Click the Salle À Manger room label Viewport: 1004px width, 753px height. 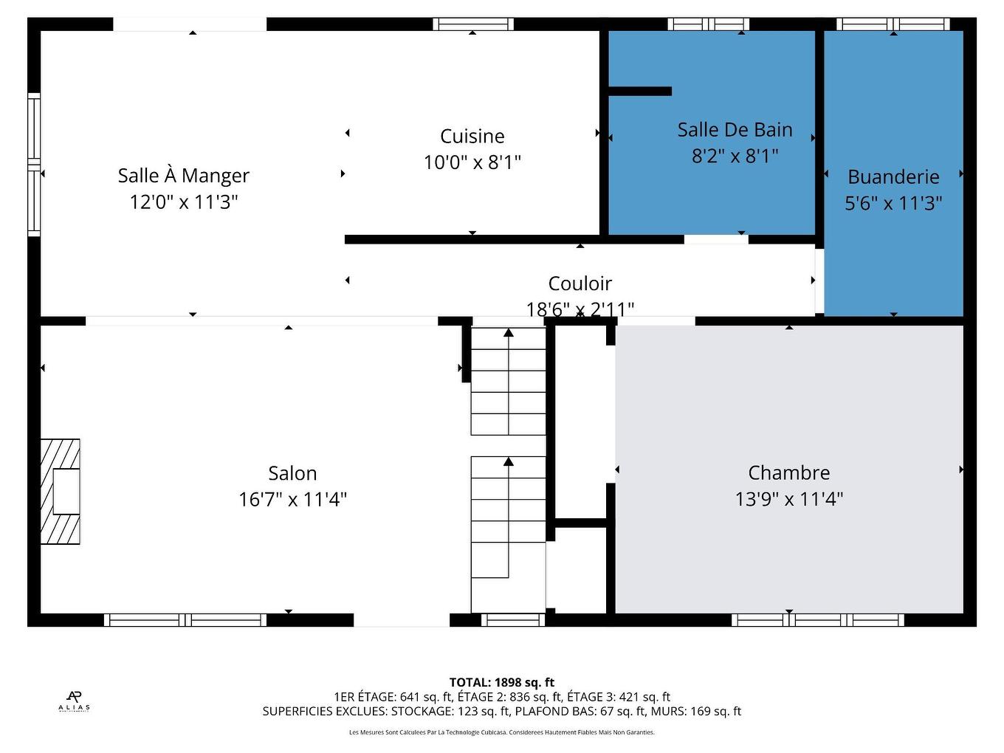pyautogui.click(x=183, y=176)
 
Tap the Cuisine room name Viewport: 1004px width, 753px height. pyautogui.click(x=472, y=137)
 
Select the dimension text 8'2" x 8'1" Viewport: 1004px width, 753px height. pyautogui.click(x=735, y=156)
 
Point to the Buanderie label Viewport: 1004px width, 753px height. pyautogui.click(x=893, y=177)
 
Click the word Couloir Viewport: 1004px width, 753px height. pyautogui.click(x=580, y=283)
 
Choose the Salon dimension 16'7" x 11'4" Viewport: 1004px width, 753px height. pyautogui.click(x=292, y=500)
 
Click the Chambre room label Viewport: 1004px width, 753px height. pyautogui.click(x=788, y=473)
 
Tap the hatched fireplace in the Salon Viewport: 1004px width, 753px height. pyautogui.click(x=60, y=492)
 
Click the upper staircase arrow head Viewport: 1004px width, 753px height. pyautogui.click(x=509, y=333)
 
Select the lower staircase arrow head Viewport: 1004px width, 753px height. pyautogui.click(x=509, y=461)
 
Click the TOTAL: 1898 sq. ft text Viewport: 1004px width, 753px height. pyautogui.click(x=501, y=683)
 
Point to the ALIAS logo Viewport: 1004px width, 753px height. pyautogui.click(x=74, y=701)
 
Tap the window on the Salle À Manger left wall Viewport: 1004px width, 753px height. pyautogui.click(x=34, y=164)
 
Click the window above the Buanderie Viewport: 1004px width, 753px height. pyautogui.click(x=893, y=24)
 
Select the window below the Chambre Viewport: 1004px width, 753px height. pyautogui.click(x=817, y=619)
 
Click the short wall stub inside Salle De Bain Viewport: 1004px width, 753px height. pyautogui.click(x=639, y=92)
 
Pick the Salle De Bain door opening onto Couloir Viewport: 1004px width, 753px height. pyautogui.click(x=715, y=240)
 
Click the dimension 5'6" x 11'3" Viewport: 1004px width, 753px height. pyautogui.click(x=893, y=203)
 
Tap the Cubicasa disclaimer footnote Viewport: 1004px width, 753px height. pyautogui.click(x=501, y=732)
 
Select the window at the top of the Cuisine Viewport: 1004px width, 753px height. pyautogui.click(x=472, y=24)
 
